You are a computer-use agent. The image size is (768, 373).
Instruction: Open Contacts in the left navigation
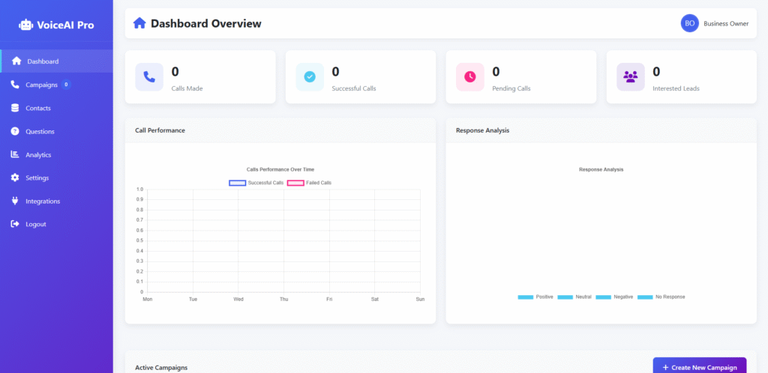(37, 108)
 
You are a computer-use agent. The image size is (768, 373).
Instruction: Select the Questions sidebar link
(40, 131)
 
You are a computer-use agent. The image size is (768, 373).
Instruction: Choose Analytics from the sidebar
(37, 154)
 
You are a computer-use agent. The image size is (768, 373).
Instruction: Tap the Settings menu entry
(37, 178)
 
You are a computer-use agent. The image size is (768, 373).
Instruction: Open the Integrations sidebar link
(42, 201)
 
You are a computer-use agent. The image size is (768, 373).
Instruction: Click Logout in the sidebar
(35, 224)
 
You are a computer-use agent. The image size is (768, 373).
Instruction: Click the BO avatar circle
(689, 23)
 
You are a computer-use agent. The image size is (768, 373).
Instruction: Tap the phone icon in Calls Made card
(149, 76)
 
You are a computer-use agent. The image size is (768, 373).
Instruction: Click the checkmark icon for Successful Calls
(310, 76)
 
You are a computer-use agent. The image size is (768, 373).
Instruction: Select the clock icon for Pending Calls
(470, 76)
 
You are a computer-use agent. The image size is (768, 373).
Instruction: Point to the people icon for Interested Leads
(631, 76)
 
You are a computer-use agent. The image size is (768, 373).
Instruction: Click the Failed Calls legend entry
(310, 183)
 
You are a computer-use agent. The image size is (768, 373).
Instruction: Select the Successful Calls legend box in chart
(238, 183)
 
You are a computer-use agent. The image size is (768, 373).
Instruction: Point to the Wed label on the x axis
(238, 299)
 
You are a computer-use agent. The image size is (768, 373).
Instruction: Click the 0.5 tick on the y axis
(139, 240)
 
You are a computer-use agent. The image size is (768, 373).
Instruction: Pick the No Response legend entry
(661, 297)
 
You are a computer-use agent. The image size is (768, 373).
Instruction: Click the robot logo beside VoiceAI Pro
(26, 25)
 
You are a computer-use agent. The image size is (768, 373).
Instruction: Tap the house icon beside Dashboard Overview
(139, 23)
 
